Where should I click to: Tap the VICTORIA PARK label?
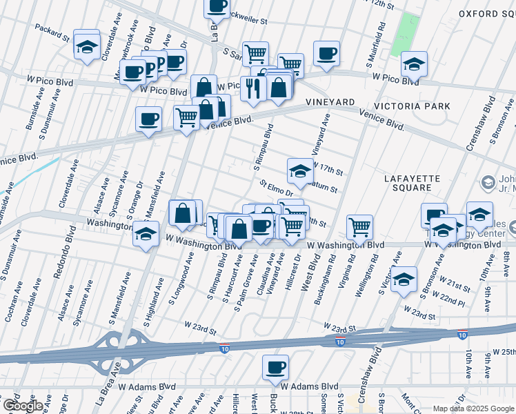[412, 106]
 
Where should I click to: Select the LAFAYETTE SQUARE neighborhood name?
[412, 184]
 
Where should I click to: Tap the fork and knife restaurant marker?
[252, 87]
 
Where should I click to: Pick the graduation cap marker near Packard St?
[86, 46]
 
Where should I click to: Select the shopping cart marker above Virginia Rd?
[359, 226]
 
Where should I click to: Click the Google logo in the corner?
[22, 406]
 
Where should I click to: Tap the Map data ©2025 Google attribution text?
[473, 408]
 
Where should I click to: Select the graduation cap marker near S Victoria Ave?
[405, 279]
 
